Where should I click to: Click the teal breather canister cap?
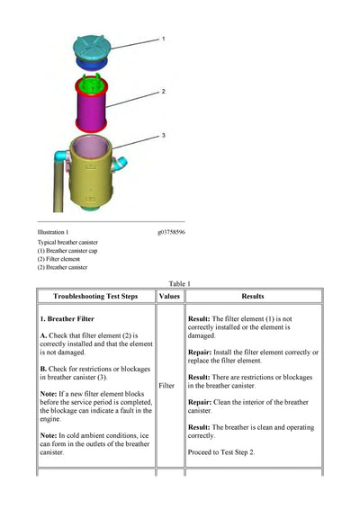(x=92, y=48)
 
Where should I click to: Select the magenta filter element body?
(x=91, y=106)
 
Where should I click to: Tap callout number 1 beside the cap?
(x=164, y=39)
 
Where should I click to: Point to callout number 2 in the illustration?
(x=164, y=92)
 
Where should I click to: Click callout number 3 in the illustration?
(x=164, y=135)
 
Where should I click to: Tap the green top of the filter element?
(x=91, y=84)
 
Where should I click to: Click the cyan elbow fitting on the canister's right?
(x=120, y=164)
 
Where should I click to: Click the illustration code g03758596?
(x=171, y=232)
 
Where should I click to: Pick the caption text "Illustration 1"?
(x=53, y=232)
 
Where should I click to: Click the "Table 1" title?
(x=180, y=283)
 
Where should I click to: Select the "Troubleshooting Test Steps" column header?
(x=95, y=296)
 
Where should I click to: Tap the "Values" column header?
(x=169, y=296)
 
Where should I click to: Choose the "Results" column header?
(x=253, y=296)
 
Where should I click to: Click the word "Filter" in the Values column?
(x=166, y=386)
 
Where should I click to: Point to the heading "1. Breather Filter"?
(x=67, y=318)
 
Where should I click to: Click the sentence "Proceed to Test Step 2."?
(x=220, y=452)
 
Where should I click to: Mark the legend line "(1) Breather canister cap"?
(x=67, y=251)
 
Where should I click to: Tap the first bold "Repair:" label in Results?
(x=200, y=353)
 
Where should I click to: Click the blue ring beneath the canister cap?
(x=91, y=63)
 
